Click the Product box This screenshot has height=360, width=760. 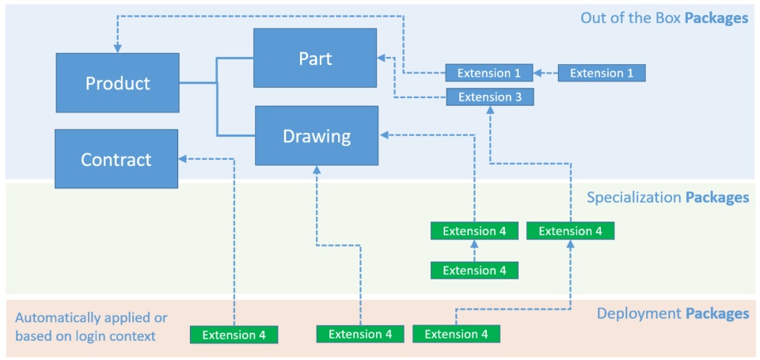(x=117, y=83)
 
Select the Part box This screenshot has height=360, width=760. (x=315, y=58)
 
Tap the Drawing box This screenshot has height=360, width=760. (x=315, y=136)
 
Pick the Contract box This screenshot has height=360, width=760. (x=116, y=159)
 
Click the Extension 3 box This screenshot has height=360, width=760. (x=489, y=97)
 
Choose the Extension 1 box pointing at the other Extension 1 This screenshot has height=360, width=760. (x=602, y=73)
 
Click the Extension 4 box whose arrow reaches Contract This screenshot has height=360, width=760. (x=234, y=334)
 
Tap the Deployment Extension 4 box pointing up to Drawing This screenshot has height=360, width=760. (x=360, y=334)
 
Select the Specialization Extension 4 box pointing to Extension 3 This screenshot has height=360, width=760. (x=570, y=231)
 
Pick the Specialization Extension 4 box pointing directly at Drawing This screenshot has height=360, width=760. (x=474, y=231)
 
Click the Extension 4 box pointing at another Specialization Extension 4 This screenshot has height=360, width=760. (x=474, y=271)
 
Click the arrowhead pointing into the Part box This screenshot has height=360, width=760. (x=381, y=58)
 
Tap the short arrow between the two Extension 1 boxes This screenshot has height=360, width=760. (x=545, y=73)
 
